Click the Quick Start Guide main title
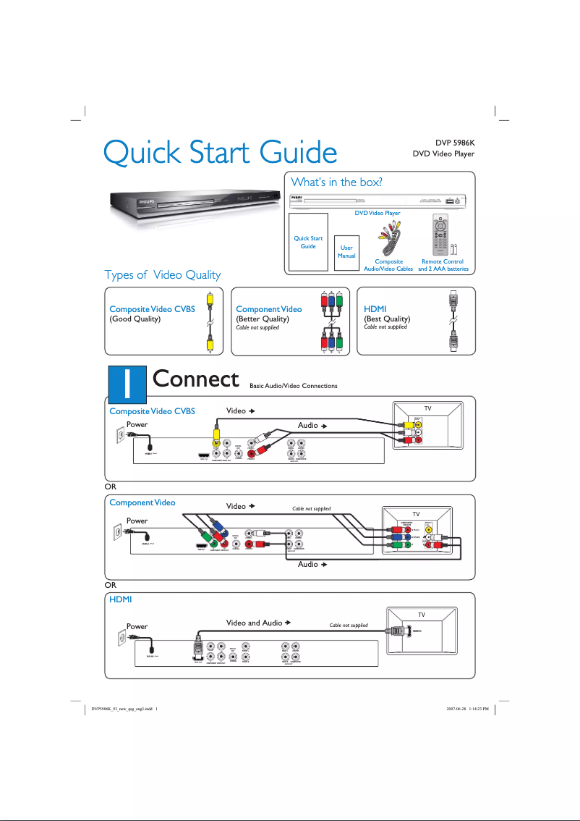pyautogui.click(x=220, y=153)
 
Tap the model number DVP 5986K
pyautogui.click(x=454, y=142)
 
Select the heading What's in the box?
pyautogui.click(x=336, y=181)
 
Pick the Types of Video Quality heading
pyautogui.click(x=162, y=274)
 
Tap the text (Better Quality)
pyautogui.click(x=263, y=319)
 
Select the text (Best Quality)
pyautogui.click(x=387, y=319)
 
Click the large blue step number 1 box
pyautogui.click(x=126, y=382)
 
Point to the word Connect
pyautogui.click(x=196, y=379)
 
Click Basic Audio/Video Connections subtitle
pyautogui.click(x=293, y=386)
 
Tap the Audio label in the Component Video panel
pyautogui.click(x=307, y=564)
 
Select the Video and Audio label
pyautogui.click(x=254, y=623)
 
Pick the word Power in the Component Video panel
pyautogui.click(x=137, y=521)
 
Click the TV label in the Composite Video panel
pyautogui.click(x=427, y=408)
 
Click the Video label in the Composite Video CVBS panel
pyautogui.click(x=236, y=411)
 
